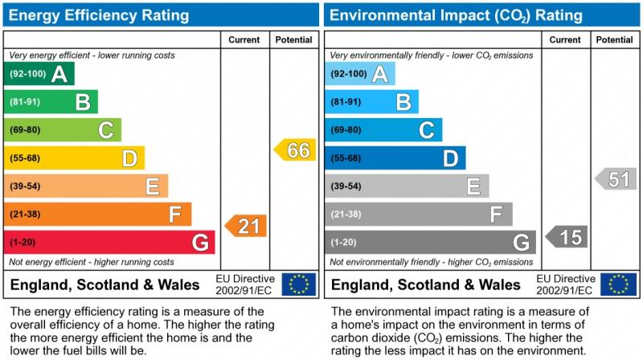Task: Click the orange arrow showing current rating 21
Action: [246, 226]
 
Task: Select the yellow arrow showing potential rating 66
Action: [295, 150]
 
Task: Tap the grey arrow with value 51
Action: [616, 178]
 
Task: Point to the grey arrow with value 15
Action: [567, 237]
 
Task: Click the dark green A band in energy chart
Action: [39, 74]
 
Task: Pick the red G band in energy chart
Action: [109, 242]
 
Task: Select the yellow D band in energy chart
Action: [74, 158]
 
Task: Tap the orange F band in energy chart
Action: [97, 215]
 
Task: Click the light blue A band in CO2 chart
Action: [360, 74]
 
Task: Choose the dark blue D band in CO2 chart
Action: [395, 158]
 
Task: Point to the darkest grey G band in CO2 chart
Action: [430, 242]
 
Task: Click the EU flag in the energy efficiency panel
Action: [299, 284]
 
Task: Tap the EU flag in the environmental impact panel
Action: [620, 284]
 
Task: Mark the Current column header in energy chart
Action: [244, 39]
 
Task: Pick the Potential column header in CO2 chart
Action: [615, 39]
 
